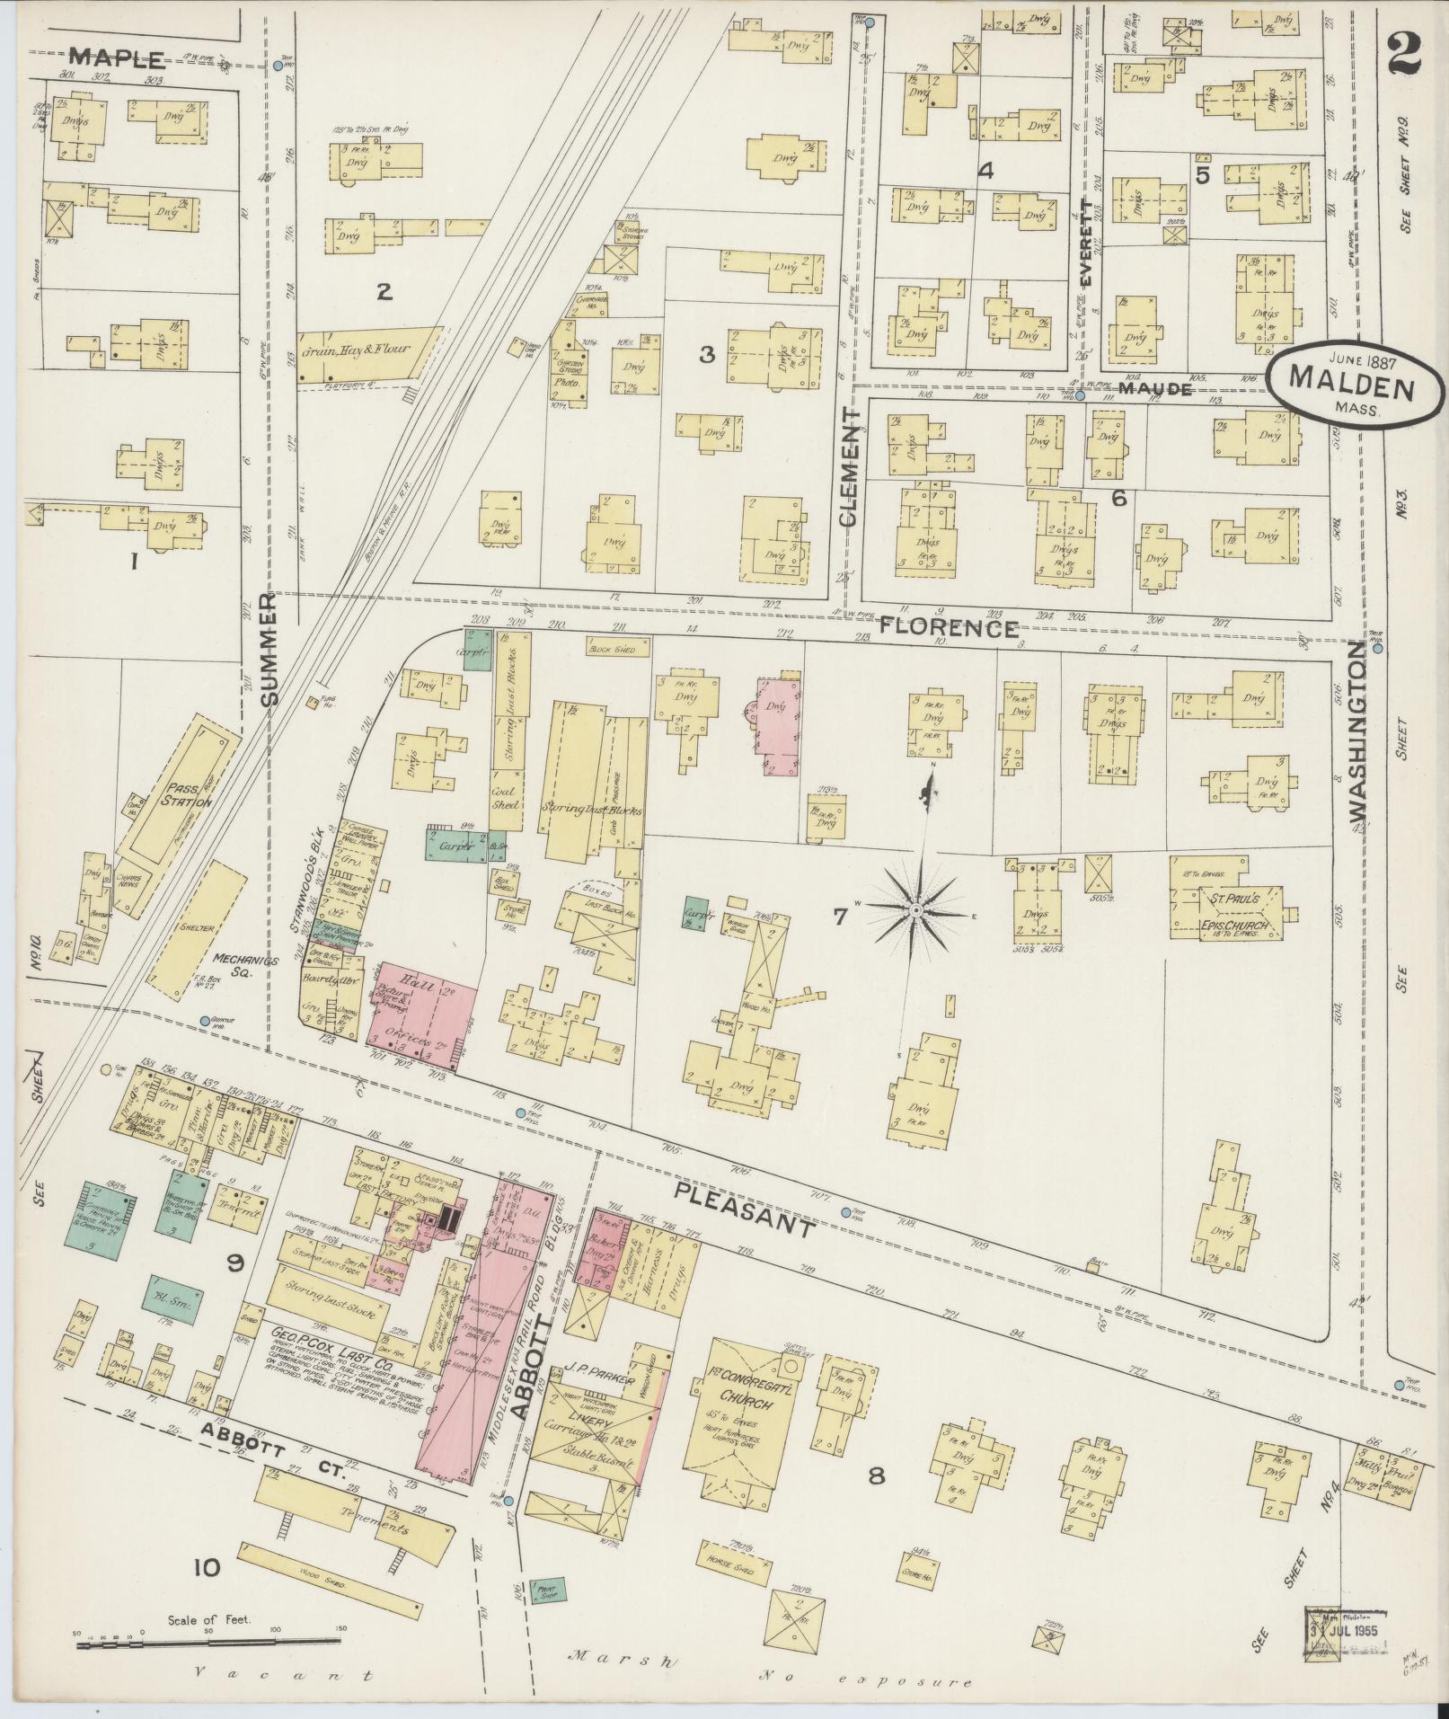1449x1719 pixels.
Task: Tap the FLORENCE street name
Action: point(948,627)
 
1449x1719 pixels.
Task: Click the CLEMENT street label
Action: point(851,467)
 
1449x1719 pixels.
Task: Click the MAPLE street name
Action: point(117,59)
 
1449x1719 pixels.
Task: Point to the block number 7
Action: point(840,917)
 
